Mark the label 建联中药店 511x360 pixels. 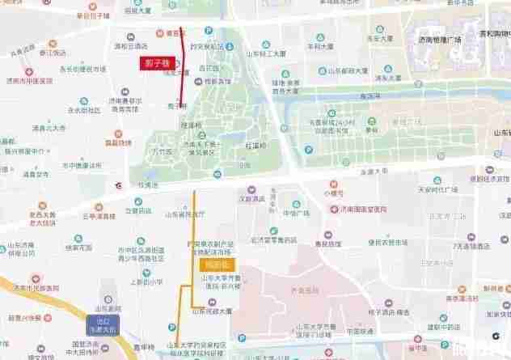point(443,327)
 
